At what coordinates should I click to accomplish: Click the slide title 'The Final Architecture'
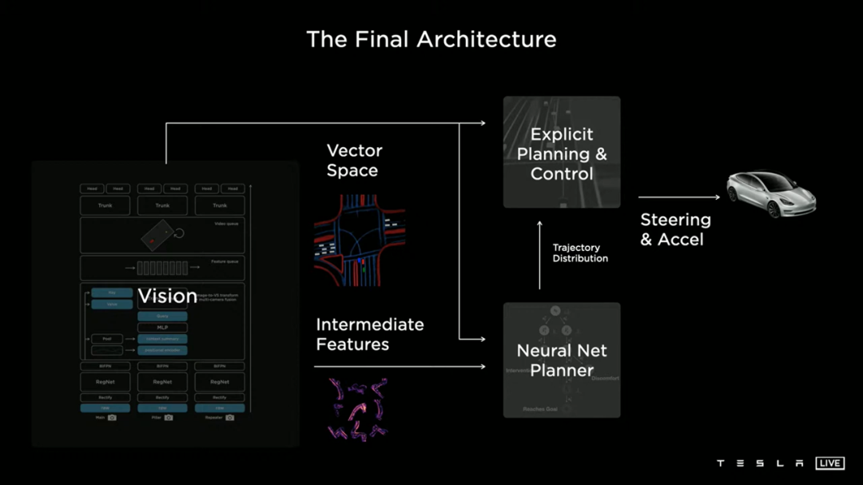coord(431,39)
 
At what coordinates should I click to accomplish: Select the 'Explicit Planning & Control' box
coord(562,153)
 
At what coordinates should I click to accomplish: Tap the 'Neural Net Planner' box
coord(562,360)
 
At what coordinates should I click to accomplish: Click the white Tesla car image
coord(771,194)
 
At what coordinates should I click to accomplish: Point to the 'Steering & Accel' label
coord(675,229)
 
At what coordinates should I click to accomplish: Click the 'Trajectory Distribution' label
coord(580,253)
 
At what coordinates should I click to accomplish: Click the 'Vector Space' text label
coord(354,160)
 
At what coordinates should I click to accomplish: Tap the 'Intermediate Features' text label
coord(369,334)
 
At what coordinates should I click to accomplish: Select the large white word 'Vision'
coord(167,296)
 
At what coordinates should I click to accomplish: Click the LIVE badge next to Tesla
coord(829,463)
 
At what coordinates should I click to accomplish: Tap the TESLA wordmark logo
coord(760,463)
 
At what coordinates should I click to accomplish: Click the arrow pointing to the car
coord(679,197)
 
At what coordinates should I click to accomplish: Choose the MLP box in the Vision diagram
coord(162,328)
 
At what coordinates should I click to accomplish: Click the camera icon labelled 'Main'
coord(112,417)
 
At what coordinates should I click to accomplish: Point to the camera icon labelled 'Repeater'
coord(229,417)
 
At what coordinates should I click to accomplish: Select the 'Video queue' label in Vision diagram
coord(227,223)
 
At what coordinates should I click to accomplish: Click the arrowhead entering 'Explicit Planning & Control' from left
coord(482,123)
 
